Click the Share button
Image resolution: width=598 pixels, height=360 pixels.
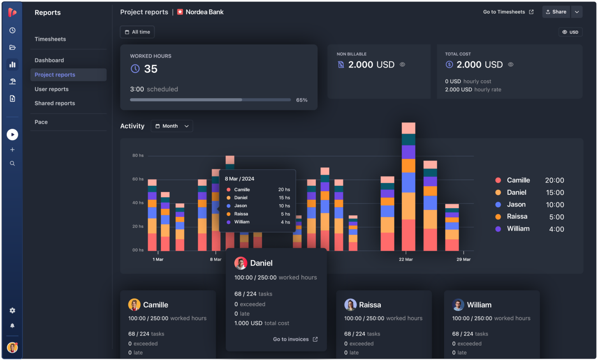pos(556,12)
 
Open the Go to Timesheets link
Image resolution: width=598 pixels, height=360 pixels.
pos(508,12)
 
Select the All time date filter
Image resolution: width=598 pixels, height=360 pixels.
pos(137,32)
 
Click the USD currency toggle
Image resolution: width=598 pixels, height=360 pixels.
pos(570,32)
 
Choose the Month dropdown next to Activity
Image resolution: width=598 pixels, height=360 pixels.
pos(172,126)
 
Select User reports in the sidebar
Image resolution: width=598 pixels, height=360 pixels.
pos(51,89)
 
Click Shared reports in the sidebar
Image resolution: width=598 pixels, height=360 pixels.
pos(55,103)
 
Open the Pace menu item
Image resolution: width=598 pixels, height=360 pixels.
pos(41,122)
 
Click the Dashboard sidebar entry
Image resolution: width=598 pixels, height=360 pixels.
pos(49,60)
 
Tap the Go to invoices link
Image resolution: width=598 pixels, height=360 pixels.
pos(295,339)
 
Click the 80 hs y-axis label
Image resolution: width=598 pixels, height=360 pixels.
pos(138,155)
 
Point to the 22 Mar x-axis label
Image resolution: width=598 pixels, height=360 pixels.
pos(406,259)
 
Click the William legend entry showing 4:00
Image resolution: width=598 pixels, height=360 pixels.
pos(529,229)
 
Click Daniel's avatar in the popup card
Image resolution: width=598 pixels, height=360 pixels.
pos(241,263)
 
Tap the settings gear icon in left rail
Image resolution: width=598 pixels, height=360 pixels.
pos(12,311)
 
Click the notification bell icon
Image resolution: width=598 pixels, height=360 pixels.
pos(12,326)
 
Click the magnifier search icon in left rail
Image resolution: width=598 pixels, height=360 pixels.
pos(12,164)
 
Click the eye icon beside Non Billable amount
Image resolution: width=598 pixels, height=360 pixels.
pos(403,65)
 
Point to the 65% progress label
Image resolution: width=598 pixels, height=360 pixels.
pos(302,100)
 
